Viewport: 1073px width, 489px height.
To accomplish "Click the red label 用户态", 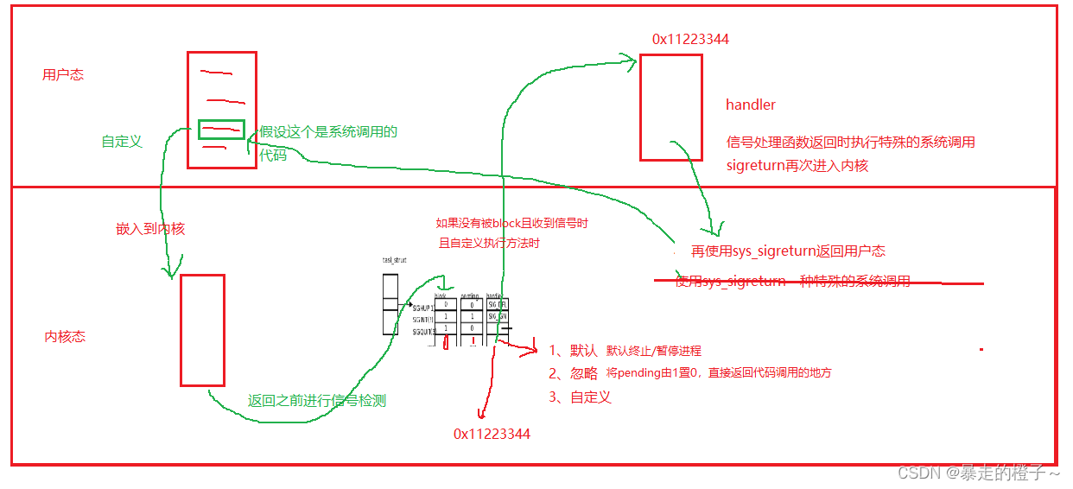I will point(63,75).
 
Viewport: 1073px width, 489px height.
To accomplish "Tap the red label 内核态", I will point(65,337).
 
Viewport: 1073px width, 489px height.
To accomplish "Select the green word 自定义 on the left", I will point(122,141).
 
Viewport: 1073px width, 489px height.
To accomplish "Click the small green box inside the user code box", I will point(221,130).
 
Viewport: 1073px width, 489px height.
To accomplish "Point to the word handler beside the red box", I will point(751,105).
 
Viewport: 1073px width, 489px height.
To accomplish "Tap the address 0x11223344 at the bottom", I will point(492,434).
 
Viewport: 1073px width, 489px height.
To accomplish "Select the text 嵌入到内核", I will point(150,229).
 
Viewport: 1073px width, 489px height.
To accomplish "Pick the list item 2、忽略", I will point(573,373).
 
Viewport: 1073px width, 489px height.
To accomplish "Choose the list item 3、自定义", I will point(580,397).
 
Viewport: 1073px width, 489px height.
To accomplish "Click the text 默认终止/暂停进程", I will point(653,351).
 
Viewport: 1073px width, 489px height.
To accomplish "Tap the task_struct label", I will point(394,260).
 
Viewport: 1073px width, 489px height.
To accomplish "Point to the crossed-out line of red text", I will point(792,282).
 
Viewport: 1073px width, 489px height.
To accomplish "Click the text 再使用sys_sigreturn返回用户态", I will point(788,251).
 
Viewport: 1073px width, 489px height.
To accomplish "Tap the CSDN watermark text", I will point(978,473).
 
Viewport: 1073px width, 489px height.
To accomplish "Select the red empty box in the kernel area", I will point(202,330).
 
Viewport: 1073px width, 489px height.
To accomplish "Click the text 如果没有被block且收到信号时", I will point(511,223).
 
